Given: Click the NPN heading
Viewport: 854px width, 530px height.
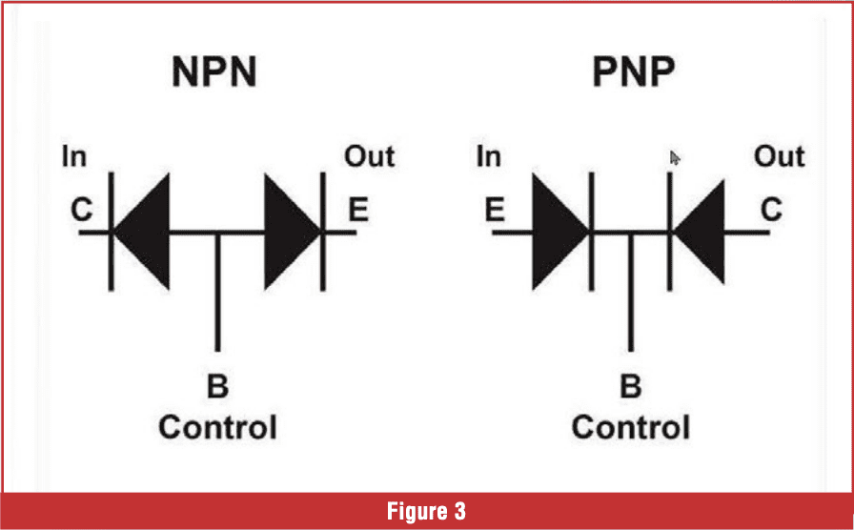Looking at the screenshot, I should [x=214, y=74].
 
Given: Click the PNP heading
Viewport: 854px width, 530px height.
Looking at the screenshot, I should [x=627, y=74].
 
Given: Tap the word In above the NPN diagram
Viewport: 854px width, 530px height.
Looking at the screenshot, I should [x=73, y=156].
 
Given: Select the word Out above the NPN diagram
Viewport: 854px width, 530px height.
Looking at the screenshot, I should [x=369, y=156].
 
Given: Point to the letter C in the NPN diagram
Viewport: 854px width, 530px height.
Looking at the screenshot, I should [x=82, y=210].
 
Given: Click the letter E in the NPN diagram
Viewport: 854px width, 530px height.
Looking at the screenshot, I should [x=357, y=210].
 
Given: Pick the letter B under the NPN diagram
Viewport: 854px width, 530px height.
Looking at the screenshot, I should [x=217, y=388].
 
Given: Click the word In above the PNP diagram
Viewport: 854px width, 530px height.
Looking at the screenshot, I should [x=488, y=156].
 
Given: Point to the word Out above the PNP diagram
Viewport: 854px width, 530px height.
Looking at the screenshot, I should [x=779, y=156].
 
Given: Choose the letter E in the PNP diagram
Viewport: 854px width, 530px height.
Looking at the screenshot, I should [x=494, y=210].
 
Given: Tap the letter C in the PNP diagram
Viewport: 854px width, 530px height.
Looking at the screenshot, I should [x=770, y=210].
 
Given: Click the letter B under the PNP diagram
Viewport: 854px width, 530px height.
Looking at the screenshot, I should [x=630, y=388].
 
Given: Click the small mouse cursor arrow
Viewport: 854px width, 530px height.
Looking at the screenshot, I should [x=676, y=158].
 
